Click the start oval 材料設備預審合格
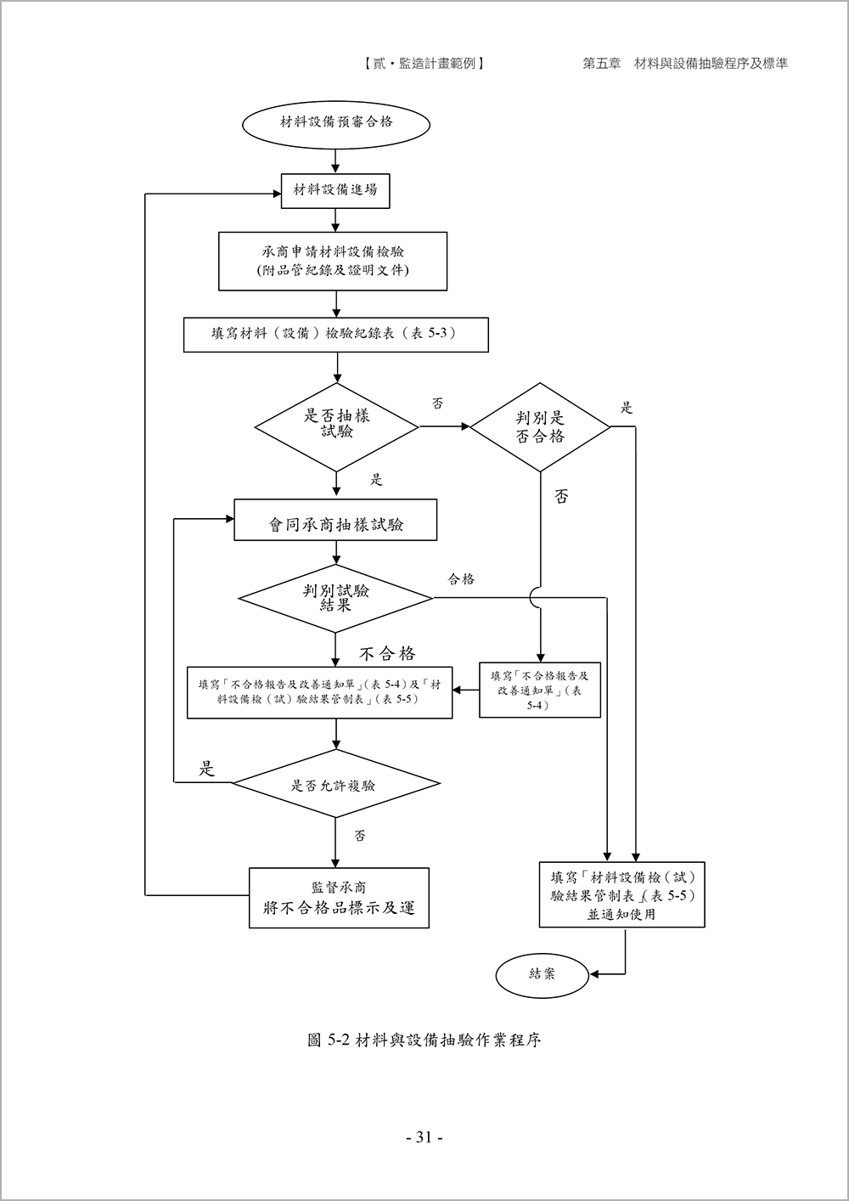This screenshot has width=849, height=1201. pyautogui.click(x=336, y=121)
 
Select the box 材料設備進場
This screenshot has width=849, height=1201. pyautogui.click(x=335, y=190)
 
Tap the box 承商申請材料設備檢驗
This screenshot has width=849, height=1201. pyautogui.click(x=333, y=261)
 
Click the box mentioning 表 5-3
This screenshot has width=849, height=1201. pyautogui.click(x=336, y=334)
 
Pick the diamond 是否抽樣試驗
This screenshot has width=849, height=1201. pyautogui.click(x=337, y=424)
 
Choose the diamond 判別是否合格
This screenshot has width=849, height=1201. pyautogui.click(x=540, y=427)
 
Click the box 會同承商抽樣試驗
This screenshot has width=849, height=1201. pyautogui.click(x=335, y=520)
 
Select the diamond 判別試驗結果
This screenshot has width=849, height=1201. pyautogui.click(x=335, y=598)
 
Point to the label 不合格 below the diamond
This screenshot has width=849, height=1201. pyautogui.click(x=387, y=653)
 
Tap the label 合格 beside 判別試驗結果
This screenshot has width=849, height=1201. pyautogui.click(x=461, y=579)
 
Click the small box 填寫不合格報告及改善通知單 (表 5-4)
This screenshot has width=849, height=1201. pyautogui.click(x=540, y=690)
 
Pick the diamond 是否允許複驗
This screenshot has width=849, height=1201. pyautogui.click(x=335, y=784)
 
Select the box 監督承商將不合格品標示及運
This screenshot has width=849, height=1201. pyautogui.click(x=339, y=898)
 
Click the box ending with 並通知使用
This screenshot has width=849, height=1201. pyautogui.click(x=621, y=895)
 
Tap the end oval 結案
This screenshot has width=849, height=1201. pyautogui.click(x=542, y=973)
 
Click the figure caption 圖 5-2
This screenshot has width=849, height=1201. pyautogui.click(x=424, y=1040)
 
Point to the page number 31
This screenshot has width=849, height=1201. pyautogui.click(x=424, y=1137)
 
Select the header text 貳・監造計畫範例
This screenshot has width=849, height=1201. pyautogui.click(x=422, y=64)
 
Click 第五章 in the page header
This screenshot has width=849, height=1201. pyautogui.click(x=601, y=64)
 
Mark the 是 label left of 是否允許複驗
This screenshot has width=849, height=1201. pyautogui.click(x=206, y=770)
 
